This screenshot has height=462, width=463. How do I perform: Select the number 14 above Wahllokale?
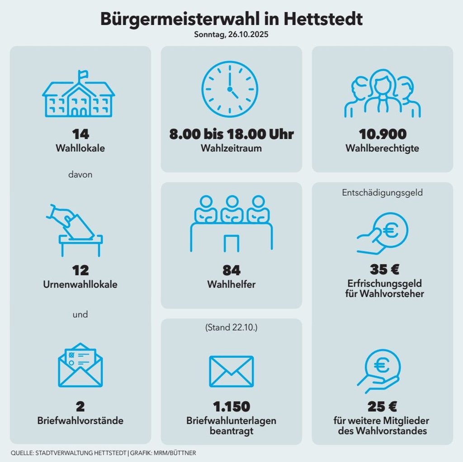80,134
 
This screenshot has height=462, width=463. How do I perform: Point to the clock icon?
230,89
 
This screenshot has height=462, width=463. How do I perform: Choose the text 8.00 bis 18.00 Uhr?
231,134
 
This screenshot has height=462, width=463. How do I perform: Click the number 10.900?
383,134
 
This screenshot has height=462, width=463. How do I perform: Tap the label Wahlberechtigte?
383,149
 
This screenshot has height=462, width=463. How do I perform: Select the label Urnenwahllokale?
80,284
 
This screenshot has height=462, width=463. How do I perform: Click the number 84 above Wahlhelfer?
231,270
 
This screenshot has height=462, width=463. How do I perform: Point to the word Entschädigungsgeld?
383,192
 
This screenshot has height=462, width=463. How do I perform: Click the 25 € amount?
383,406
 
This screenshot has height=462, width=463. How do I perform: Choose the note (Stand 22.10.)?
231,327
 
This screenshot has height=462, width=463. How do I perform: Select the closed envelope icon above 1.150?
231,371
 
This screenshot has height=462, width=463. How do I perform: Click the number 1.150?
231,406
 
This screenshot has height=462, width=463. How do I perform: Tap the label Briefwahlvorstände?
80,421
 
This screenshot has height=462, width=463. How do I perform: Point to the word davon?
80,174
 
